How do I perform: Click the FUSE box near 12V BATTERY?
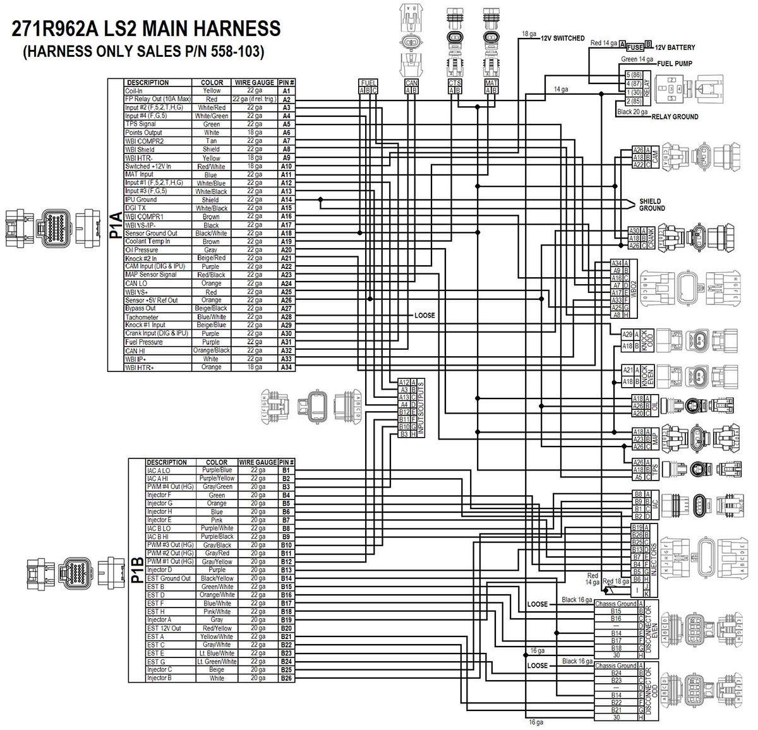(x=635, y=47)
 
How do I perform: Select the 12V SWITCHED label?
(x=562, y=38)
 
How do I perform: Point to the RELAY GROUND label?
(x=675, y=117)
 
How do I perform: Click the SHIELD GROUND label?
(x=651, y=205)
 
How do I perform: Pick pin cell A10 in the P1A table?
(x=286, y=166)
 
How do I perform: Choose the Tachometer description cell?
(x=142, y=317)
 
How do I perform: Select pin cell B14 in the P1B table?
(x=286, y=578)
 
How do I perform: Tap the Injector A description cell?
(x=159, y=620)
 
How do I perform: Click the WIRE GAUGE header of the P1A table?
(x=255, y=83)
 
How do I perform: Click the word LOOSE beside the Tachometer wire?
(x=424, y=315)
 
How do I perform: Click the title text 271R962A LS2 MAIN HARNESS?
(x=145, y=29)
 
